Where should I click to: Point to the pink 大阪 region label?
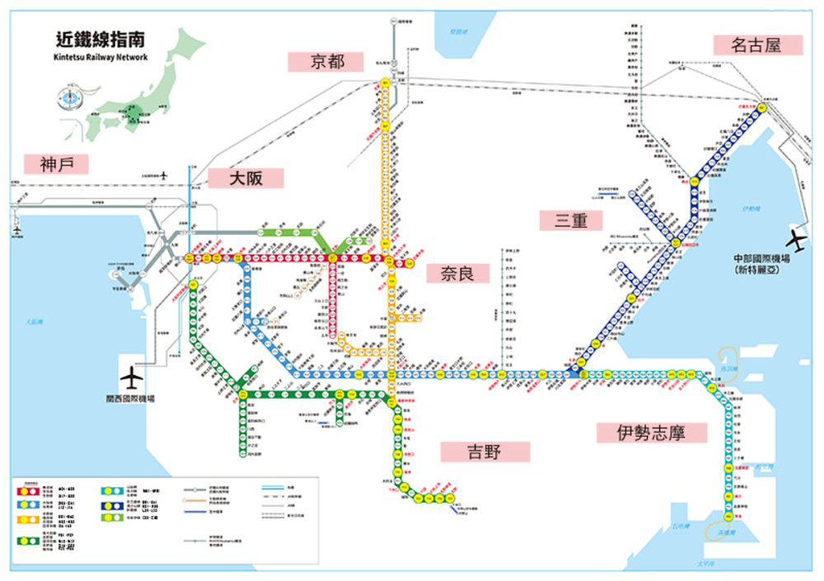[x=246, y=178]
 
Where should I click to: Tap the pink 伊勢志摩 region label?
[x=651, y=433]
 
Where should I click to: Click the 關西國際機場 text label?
[x=130, y=398]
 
